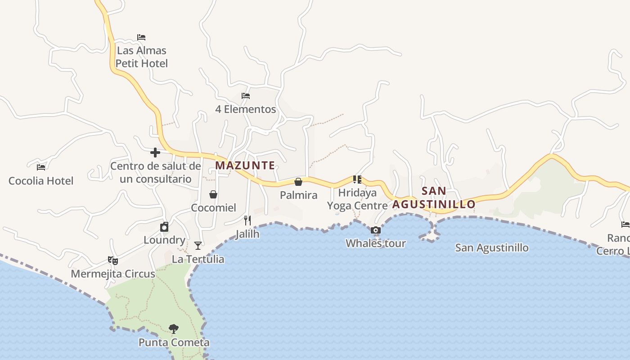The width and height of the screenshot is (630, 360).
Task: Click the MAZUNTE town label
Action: (x=245, y=165)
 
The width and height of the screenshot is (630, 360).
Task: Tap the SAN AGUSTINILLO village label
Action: (x=434, y=198)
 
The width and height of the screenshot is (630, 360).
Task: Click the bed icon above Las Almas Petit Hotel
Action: (x=141, y=37)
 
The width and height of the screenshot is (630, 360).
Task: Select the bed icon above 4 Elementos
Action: (x=246, y=96)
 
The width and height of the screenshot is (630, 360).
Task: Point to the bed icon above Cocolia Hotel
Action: (x=41, y=167)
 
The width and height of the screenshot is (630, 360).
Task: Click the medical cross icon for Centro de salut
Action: (x=155, y=153)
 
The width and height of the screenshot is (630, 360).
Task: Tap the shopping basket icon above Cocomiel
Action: (x=213, y=194)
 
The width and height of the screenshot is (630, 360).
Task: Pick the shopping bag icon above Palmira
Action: (x=298, y=182)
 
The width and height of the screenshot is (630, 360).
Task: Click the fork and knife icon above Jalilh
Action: (x=247, y=220)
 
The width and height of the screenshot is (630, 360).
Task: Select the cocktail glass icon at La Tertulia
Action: (x=198, y=246)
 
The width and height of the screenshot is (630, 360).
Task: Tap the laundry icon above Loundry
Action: (x=164, y=227)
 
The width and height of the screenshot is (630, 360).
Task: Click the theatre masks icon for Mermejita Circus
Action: (x=113, y=260)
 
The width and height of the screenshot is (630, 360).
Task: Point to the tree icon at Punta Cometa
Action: (x=174, y=329)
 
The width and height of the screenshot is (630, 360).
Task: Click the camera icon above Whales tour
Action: (x=376, y=230)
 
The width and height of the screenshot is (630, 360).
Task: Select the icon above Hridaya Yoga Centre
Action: (x=357, y=180)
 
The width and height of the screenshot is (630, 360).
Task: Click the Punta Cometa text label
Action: (x=174, y=342)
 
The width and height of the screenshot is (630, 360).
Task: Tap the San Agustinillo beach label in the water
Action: (x=492, y=247)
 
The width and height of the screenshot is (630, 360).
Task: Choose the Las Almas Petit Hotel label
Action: (x=142, y=57)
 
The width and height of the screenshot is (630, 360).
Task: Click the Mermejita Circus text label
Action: (x=113, y=274)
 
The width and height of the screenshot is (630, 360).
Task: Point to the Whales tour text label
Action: (x=376, y=243)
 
